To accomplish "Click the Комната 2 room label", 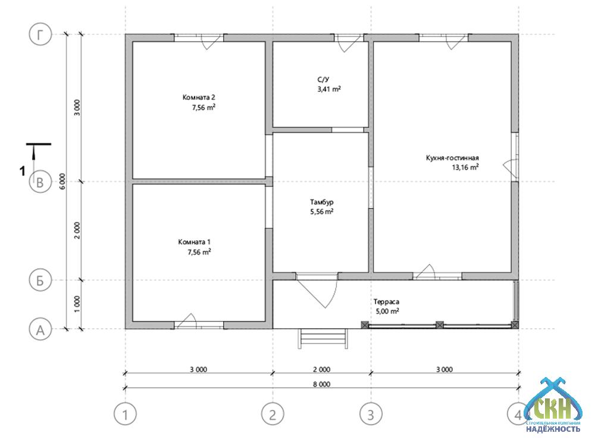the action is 199,98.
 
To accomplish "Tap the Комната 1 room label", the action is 195,242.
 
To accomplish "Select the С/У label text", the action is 323,80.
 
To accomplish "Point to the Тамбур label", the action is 322,202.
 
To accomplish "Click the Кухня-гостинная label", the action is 452,158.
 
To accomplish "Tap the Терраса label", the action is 386,302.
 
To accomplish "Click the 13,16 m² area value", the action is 465,167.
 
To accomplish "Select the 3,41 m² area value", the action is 329,89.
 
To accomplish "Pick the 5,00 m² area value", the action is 387,312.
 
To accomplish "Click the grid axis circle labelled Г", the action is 40,34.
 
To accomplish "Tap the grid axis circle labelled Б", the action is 40,280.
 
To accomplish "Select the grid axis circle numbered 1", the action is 125,414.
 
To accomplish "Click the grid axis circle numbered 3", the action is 371,414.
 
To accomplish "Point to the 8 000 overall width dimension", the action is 321,384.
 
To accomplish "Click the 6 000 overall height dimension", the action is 62,181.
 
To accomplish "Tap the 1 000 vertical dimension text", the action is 77,304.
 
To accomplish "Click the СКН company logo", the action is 553,405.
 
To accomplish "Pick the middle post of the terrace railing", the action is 440,325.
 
